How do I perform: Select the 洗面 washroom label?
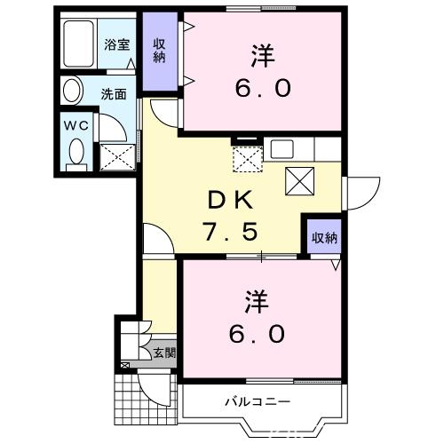point(114,91)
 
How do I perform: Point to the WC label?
point(74,123)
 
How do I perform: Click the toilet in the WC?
point(77,153)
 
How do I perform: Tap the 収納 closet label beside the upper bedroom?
point(160,51)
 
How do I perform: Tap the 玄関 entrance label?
point(164,353)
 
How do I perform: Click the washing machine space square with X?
point(118,156)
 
